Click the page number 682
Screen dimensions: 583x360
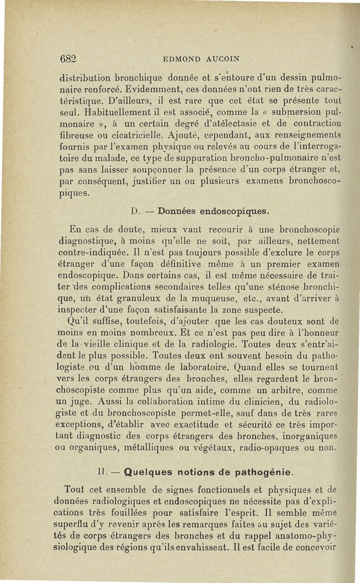click(69, 59)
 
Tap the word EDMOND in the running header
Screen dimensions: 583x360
click(180, 59)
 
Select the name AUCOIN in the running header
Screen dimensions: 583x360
click(220, 59)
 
